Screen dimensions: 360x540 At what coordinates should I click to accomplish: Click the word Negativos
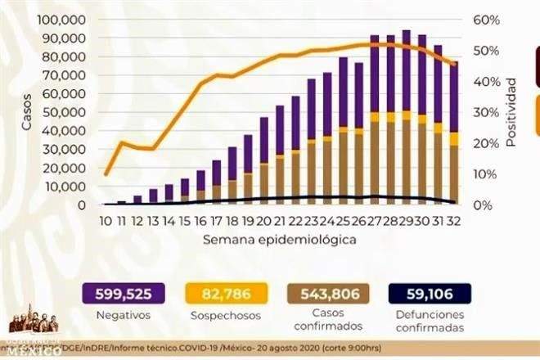[122, 313]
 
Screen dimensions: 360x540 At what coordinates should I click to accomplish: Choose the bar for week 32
[452, 135]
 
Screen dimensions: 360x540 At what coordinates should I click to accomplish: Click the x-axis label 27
[374, 220]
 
